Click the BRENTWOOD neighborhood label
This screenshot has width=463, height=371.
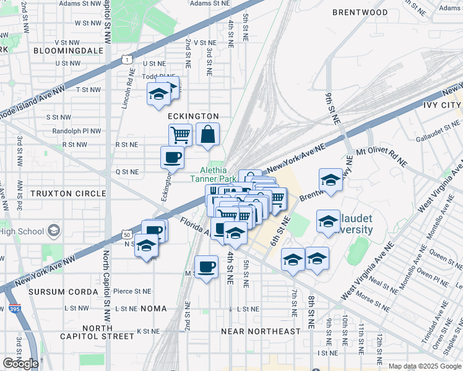tap(360, 12)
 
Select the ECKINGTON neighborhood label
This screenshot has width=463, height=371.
tap(193, 116)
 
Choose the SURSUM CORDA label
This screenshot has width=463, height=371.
tap(55, 291)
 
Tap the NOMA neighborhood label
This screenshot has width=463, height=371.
tap(154, 308)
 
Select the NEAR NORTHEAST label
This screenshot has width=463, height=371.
tap(261, 331)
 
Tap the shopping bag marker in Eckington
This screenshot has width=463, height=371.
tap(207, 134)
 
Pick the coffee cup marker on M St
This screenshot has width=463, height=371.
tap(206, 267)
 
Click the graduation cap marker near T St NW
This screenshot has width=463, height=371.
tap(158, 95)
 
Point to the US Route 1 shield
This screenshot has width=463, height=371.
tap(127, 59)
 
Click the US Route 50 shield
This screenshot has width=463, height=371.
tap(126, 236)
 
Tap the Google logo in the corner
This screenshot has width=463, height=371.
tap(20, 364)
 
